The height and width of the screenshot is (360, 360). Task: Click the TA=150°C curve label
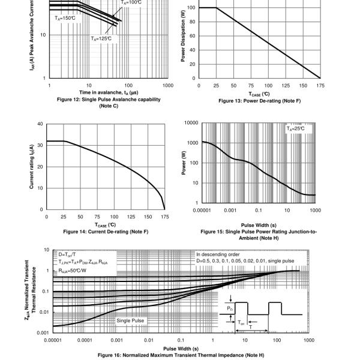pos(65,18)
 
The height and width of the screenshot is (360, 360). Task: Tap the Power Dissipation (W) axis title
pos(183,40)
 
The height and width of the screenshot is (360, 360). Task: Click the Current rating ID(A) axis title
pos(31,167)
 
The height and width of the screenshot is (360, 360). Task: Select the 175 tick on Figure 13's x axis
pos(320,86)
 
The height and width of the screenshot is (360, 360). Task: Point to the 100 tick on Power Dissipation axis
pos(191,8)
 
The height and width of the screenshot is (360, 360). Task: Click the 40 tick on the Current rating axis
pos(40,124)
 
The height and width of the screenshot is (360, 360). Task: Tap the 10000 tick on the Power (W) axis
pos(191,123)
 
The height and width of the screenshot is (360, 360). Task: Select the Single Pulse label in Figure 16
pos(130,321)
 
